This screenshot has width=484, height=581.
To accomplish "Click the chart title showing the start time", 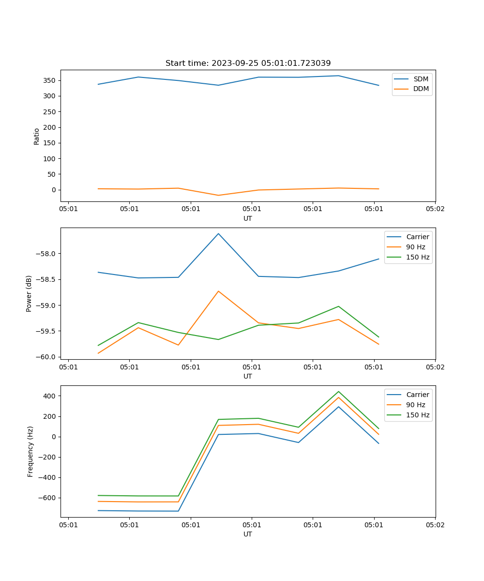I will pyautogui.click(x=248, y=63).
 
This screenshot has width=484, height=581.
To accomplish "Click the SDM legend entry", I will pyautogui.click(x=421, y=78).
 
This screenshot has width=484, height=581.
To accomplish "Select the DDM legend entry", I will pyautogui.click(x=421, y=89).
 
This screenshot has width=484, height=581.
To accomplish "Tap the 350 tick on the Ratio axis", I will pyautogui.click(x=51, y=80).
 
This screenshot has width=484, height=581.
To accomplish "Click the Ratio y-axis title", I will pyautogui.click(x=37, y=136).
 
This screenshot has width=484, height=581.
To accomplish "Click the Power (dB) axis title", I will pyautogui.click(x=30, y=293).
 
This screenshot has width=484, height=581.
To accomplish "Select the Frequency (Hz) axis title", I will pyautogui.click(x=30, y=451).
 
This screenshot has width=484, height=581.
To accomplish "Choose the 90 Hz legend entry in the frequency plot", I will pyautogui.click(x=415, y=405).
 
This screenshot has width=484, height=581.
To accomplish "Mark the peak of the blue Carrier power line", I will pyautogui.click(x=218, y=233).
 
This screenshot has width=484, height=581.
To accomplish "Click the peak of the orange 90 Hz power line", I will pyautogui.click(x=218, y=291).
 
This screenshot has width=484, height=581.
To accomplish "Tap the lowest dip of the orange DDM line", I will pyautogui.click(x=218, y=195).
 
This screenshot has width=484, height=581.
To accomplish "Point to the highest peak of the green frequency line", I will pyautogui.click(x=338, y=391).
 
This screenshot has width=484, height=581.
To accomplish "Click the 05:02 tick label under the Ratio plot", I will pyautogui.click(x=435, y=209).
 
